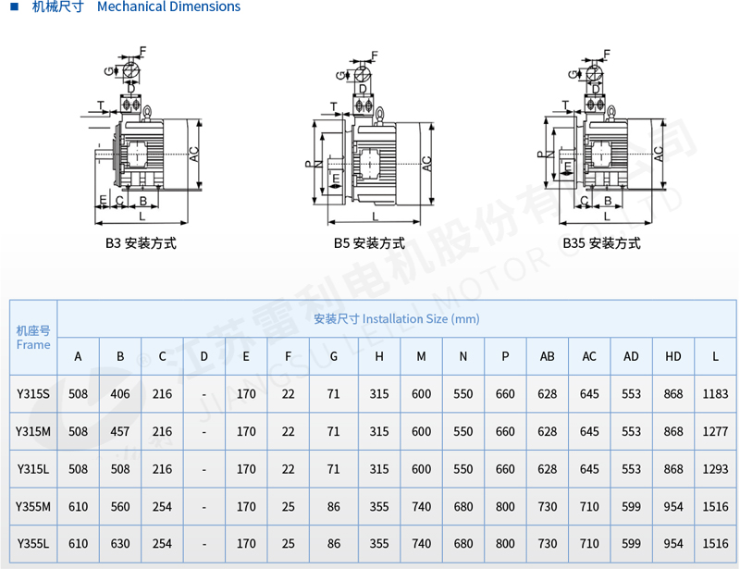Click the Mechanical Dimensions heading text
click(x=168, y=7)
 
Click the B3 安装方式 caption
click(x=140, y=243)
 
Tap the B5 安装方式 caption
click(x=369, y=243)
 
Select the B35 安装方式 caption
click(x=601, y=243)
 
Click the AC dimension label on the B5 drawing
click(x=427, y=162)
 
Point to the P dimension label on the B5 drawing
click(x=307, y=164)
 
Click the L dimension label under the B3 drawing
click(x=142, y=216)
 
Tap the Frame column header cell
click(x=33, y=338)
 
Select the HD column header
click(x=673, y=356)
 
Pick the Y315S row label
click(x=33, y=394)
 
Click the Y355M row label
click(x=33, y=507)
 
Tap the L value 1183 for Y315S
click(x=716, y=394)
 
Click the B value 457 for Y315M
click(x=120, y=432)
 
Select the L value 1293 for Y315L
click(x=716, y=469)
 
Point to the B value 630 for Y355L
click(x=120, y=544)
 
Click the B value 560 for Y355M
click(x=120, y=507)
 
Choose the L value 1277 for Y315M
click(x=716, y=432)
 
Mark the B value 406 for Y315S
click(x=120, y=394)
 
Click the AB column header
click(x=548, y=356)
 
